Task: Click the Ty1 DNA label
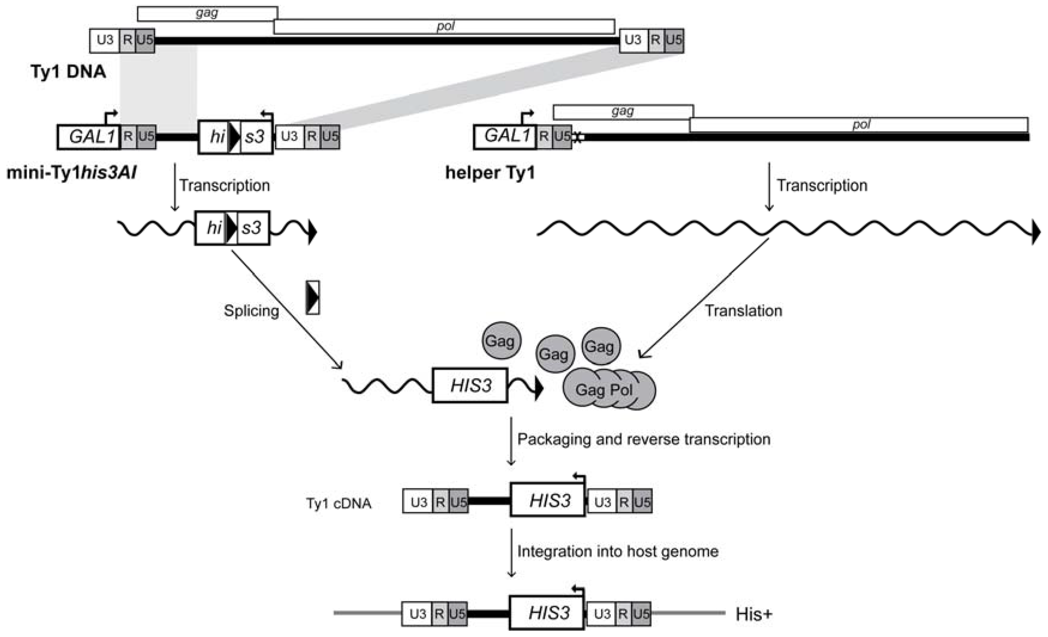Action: (68, 71)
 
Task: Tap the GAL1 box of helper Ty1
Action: (506, 136)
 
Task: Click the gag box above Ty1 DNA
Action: (207, 13)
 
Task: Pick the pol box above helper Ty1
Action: (859, 125)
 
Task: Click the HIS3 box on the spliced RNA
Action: (470, 385)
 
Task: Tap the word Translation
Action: (743, 311)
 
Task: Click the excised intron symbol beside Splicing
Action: (313, 298)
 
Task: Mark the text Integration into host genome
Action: (618, 552)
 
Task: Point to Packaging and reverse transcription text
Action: (644, 439)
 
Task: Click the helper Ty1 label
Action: (490, 173)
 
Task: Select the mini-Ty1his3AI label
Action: (71, 173)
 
